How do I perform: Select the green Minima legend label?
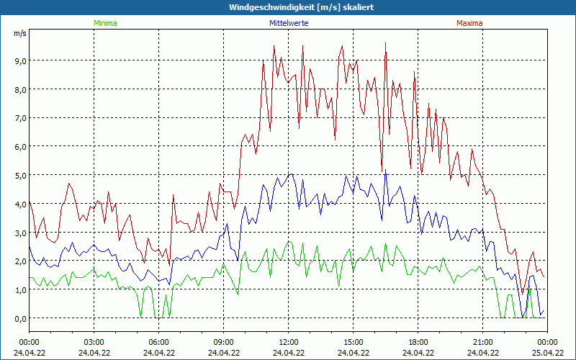(x=105, y=23)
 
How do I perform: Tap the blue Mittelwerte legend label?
(x=289, y=23)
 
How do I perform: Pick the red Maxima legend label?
(x=469, y=23)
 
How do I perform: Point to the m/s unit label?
(x=19, y=33)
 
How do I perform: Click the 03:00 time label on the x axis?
(x=94, y=342)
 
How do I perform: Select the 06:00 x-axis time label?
(x=159, y=342)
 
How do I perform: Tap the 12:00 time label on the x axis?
(x=289, y=342)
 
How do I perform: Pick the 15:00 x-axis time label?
(x=354, y=342)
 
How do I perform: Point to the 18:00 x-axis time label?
(x=418, y=342)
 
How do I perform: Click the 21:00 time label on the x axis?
(x=483, y=342)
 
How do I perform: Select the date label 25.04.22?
(x=547, y=353)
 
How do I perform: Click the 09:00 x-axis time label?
(x=224, y=342)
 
